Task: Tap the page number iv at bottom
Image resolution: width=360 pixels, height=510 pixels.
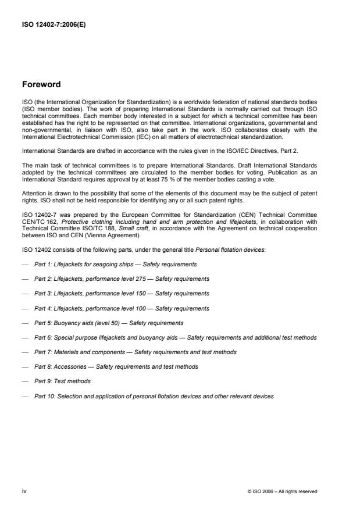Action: (x=24, y=491)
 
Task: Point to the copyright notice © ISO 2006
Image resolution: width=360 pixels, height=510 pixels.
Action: (x=281, y=491)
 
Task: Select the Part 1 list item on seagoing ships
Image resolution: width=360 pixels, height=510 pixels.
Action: (x=115, y=264)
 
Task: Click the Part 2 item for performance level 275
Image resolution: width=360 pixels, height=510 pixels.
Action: (x=122, y=279)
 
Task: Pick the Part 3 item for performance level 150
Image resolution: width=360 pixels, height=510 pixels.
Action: (x=122, y=294)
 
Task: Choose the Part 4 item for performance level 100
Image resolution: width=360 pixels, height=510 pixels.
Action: (x=122, y=308)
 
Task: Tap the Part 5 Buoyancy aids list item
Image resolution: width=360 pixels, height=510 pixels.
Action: (x=109, y=323)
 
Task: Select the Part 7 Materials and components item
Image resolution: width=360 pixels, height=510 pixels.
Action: (x=135, y=352)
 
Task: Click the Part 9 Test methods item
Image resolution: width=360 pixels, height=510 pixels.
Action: (x=62, y=381)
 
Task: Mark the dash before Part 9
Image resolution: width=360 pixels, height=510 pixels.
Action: (x=25, y=381)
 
